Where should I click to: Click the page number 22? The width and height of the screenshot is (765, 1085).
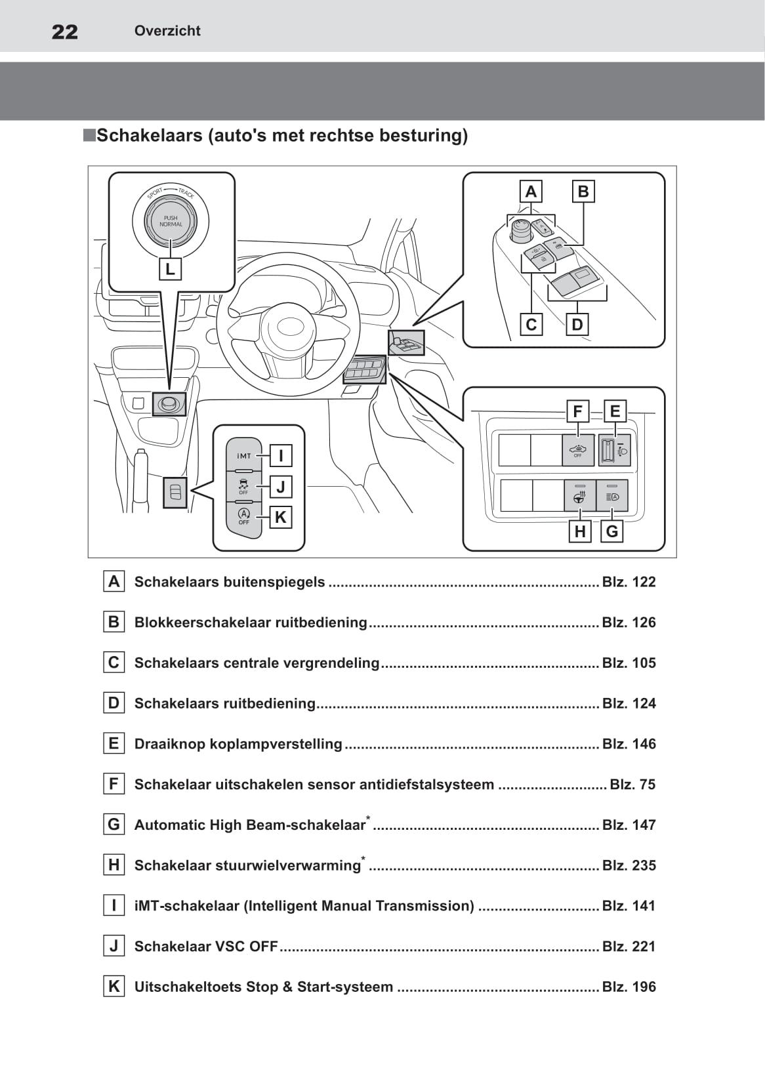(x=65, y=31)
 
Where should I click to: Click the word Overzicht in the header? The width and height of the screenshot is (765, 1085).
(x=167, y=31)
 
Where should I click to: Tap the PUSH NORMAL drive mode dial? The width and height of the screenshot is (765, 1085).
(x=171, y=220)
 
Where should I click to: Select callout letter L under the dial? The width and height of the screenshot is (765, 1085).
(x=170, y=269)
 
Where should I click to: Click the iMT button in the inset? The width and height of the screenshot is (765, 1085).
(x=244, y=455)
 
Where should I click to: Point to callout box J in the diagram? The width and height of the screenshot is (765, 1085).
(x=281, y=487)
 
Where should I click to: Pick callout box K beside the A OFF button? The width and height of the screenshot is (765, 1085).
(x=281, y=517)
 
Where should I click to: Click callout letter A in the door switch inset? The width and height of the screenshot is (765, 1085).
(x=531, y=192)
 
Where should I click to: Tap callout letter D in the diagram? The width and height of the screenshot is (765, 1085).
(x=577, y=324)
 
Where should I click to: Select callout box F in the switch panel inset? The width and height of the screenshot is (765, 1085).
(x=577, y=411)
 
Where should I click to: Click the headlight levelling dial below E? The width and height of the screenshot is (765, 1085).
(x=607, y=450)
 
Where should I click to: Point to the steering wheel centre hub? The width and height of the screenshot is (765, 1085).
(x=289, y=326)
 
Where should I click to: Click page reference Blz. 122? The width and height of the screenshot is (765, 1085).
(x=629, y=582)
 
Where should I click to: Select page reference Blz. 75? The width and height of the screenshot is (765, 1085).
(x=632, y=785)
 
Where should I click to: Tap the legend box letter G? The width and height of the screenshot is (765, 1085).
(x=114, y=825)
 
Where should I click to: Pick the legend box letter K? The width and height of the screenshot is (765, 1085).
(x=114, y=987)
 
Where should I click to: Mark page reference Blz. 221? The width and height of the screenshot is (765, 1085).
(x=629, y=947)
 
